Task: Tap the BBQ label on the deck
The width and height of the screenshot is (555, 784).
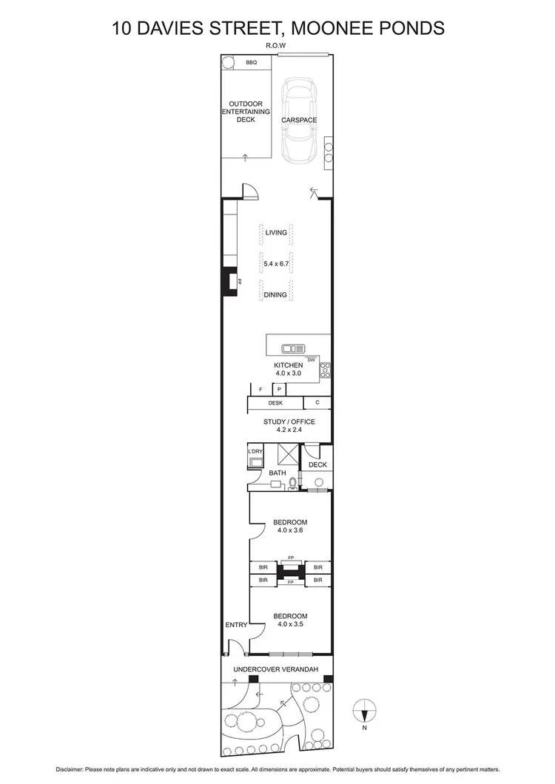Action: tap(252, 63)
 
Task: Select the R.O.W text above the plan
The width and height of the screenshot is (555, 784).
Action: tap(275, 46)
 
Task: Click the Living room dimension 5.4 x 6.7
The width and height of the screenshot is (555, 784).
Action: tap(275, 263)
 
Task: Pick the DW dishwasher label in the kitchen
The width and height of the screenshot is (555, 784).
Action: tap(312, 359)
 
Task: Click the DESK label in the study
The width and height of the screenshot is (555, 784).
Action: tap(275, 403)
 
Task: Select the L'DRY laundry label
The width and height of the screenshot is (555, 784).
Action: tap(255, 451)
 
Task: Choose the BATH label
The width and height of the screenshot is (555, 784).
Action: tap(277, 473)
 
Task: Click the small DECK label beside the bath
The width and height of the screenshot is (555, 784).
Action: tap(317, 464)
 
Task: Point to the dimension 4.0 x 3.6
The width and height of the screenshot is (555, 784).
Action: tap(290, 530)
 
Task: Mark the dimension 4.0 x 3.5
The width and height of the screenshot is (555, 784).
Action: tap(290, 624)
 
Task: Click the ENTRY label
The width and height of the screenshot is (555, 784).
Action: tap(236, 625)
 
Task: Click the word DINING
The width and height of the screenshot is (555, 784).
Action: tap(275, 294)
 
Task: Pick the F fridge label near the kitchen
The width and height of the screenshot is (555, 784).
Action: tap(260, 389)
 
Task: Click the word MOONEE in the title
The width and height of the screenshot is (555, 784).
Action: tap(325, 28)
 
